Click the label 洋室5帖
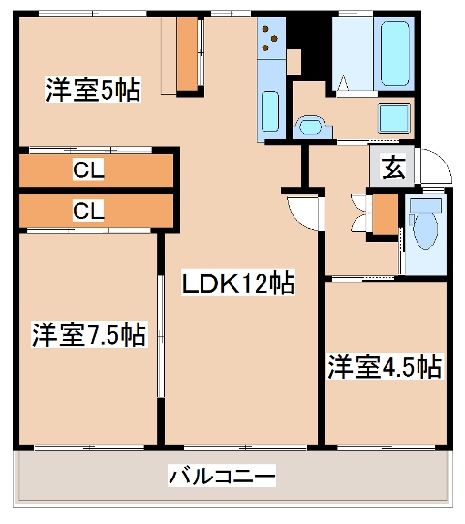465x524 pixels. pos(92,91)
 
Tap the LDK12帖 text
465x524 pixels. pos(239,284)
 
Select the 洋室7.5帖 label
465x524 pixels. pos(88,335)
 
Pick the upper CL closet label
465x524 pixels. pos(89,170)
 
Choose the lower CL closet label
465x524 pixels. pos(89,209)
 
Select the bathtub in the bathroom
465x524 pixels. pos(396,52)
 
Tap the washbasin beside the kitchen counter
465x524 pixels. pos(310,125)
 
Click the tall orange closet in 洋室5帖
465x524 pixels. pos(186,54)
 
